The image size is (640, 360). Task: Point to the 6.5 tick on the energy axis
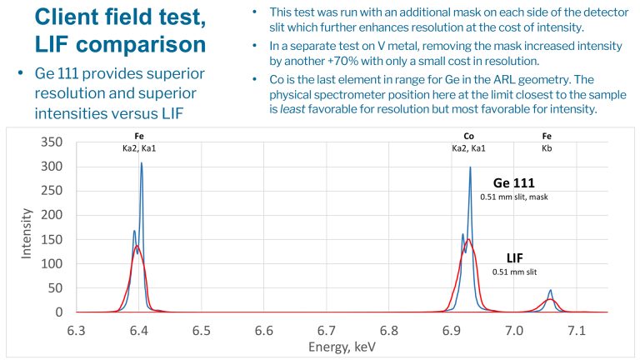point(202,331)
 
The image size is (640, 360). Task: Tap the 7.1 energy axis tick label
point(577,331)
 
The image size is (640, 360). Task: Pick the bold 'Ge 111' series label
point(515,183)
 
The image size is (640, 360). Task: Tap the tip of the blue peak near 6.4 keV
point(142,163)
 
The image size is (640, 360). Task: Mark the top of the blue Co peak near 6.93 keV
point(470,167)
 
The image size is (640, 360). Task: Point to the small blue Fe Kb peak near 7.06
point(550,291)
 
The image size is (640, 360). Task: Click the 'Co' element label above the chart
point(468,135)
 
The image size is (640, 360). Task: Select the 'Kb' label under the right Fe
point(547,147)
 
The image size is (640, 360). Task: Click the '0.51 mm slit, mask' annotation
point(515,197)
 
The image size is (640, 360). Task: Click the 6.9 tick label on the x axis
point(452,331)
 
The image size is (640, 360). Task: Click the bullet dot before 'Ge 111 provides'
point(21,75)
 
